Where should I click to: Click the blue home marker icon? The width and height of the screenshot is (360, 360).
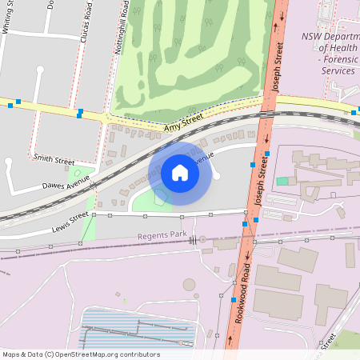pyautogui.click(x=180, y=172)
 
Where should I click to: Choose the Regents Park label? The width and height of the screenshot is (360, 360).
pyautogui.click(x=162, y=235)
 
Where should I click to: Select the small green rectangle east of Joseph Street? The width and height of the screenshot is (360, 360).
pyautogui.click(x=282, y=182)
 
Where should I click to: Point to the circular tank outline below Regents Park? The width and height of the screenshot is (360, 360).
pyautogui.click(x=190, y=284)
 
